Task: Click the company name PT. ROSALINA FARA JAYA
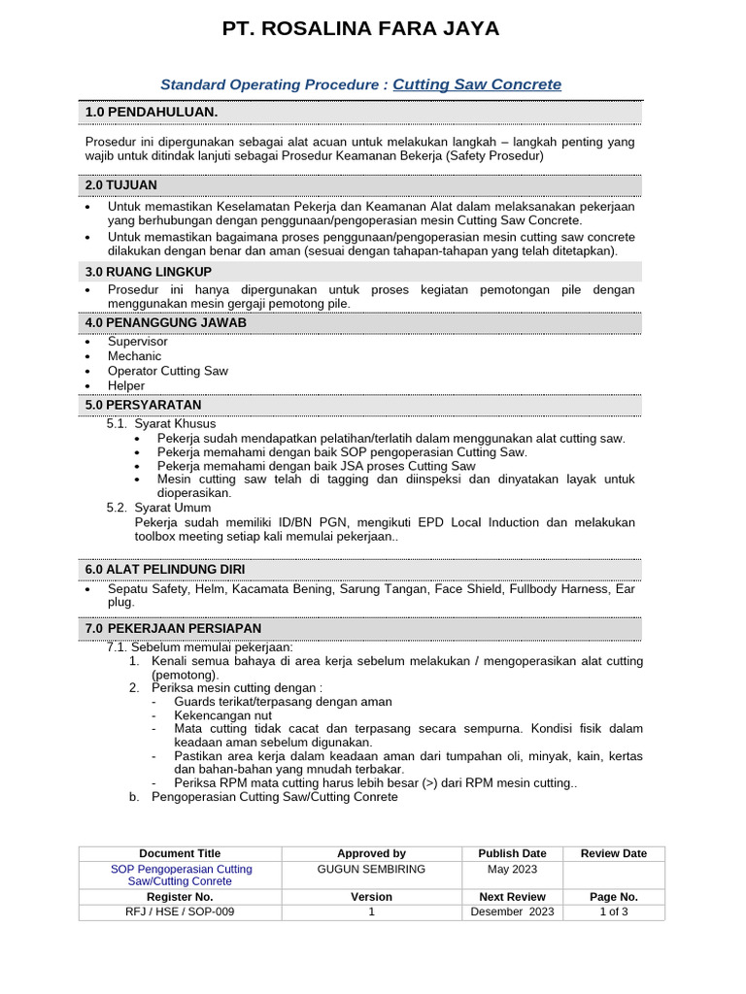click(x=361, y=29)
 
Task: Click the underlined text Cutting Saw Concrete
click(x=477, y=84)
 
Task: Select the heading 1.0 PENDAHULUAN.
click(x=152, y=113)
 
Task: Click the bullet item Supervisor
click(x=138, y=342)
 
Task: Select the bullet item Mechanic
click(x=135, y=356)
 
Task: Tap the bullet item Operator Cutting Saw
click(x=168, y=371)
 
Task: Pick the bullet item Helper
click(x=126, y=385)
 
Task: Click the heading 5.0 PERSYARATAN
click(x=144, y=405)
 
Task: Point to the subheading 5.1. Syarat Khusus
click(x=161, y=424)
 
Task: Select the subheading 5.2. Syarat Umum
click(x=158, y=508)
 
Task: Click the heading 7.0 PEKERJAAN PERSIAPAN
click(x=173, y=629)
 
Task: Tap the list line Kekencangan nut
click(x=222, y=715)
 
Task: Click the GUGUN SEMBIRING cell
click(x=371, y=869)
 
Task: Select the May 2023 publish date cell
click(x=512, y=869)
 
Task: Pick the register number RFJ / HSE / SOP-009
click(x=180, y=911)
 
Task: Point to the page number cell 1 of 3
click(x=614, y=911)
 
